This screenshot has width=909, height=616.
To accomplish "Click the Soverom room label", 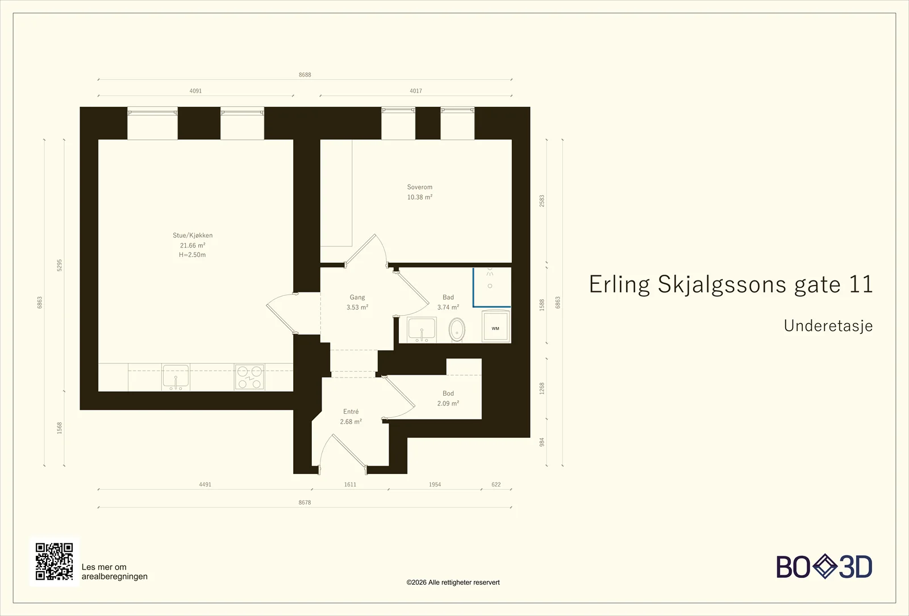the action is click(420, 187).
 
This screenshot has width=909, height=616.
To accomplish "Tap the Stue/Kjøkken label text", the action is click(193, 235).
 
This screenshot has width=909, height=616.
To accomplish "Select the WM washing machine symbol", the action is click(496, 326).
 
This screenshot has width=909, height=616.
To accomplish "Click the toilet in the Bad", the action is click(457, 329).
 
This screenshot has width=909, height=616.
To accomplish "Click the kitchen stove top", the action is click(249, 377).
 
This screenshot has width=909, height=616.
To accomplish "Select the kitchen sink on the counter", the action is click(176, 377).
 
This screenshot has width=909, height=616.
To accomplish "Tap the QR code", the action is click(55, 561).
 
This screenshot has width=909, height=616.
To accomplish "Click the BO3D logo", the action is click(824, 567).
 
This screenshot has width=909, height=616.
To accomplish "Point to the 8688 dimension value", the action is click(305, 74).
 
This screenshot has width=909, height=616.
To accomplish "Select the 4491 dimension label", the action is click(205, 484).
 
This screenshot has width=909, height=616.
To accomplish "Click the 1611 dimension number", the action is click(350, 484).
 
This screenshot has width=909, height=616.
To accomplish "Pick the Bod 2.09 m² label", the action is click(448, 398).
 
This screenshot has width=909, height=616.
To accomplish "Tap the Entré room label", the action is click(351, 412).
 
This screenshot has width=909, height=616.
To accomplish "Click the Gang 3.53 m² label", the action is click(357, 302).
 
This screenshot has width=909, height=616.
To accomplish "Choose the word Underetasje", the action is click(828, 326).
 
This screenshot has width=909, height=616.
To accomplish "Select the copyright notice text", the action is click(453, 583).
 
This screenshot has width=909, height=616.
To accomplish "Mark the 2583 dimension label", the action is click(542, 201).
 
